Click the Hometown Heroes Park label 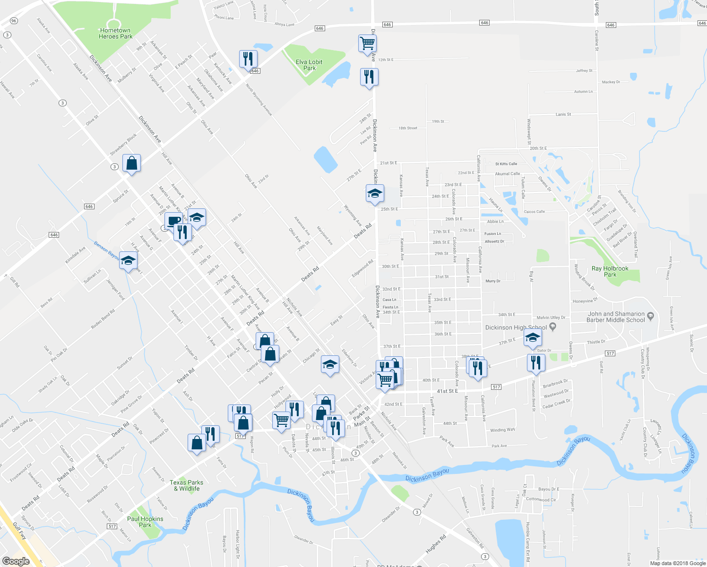[x=115, y=34]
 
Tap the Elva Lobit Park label [x=309, y=65]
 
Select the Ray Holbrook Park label [x=610, y=272]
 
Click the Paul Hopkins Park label [x=145, y=522]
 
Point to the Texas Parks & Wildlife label [x=186, y=485]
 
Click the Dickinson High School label [x=516, y=327]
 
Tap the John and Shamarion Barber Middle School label [x=616, y=317]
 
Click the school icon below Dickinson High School [x=533, y=338]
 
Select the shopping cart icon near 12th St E [x=368, y=43]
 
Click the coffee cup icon [x=173, y=221]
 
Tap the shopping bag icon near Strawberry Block [x=132, y=163]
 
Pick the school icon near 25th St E [x=375, y=194]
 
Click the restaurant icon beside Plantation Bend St [x=535, y=362]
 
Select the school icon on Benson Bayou [x=128, y=260]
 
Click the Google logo [x=16, y=561]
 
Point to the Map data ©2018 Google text [x=677, y=563]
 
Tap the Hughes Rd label [x=436, y=544]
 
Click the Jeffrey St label [x=584, y=71]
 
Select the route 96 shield [x=14, y=21]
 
